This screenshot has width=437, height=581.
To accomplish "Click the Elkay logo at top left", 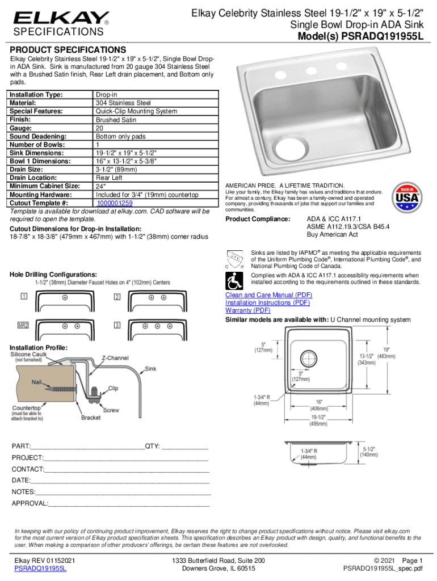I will (61, 18).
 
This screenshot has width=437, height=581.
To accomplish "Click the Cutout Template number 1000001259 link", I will (114, 203).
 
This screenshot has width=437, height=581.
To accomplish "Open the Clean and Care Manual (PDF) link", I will (268, 296).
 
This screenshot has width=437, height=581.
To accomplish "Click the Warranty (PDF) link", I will (248, 310).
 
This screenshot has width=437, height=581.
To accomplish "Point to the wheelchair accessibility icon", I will (233, 279).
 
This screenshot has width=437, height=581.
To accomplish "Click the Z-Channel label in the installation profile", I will (115, 358).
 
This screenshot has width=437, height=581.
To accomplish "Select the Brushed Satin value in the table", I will (116, 120).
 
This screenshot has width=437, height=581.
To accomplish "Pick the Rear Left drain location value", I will (109, 178).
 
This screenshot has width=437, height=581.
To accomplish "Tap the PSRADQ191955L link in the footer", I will (40, 568).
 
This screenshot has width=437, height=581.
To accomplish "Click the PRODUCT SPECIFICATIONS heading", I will (68, 50).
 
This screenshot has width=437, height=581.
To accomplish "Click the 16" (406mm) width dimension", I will (317, 403).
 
